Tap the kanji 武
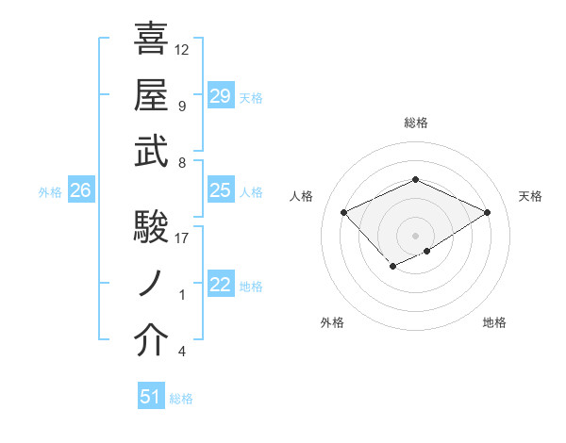pyautogui.click(x=153, y=151)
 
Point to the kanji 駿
pyautogui.click(x=153, y=226)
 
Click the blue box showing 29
pyautogui.click(x=221, y=95)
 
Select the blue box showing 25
pyautogui.click(x=221, y=190)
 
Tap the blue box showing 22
pyautogui.click(x=221, y=285)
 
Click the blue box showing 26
pyautogui.click(x=80, y=190)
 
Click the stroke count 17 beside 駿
pyautogui.click(x=182, y=238)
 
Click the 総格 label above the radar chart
pyautogui.click(x=416, y=123)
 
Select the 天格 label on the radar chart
pyautogui.click(x=530, y=196)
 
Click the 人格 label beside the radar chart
pyautogui.click(x=302, y=196)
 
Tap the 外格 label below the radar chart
pyautogui.click(x=332, y=322)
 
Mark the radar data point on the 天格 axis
pyautogui.click(x=487, y=213)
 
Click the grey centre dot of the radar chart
pyautogui.click(x=415, y=234)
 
